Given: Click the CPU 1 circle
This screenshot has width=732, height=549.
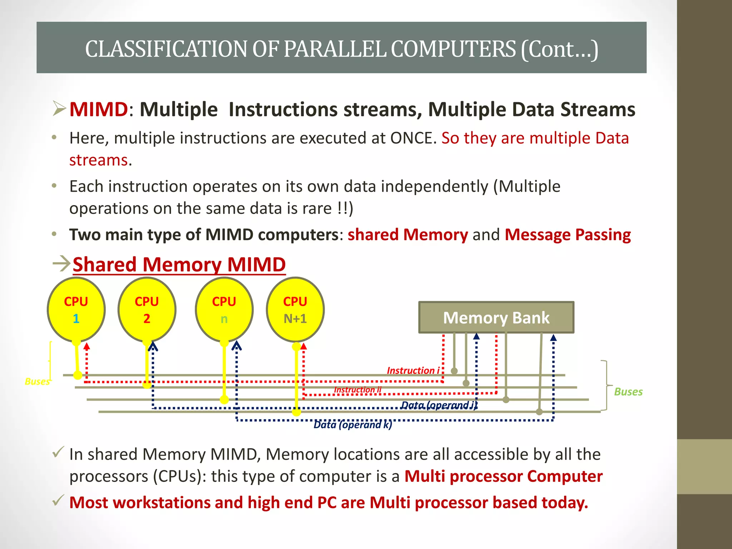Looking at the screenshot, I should pos(76,310).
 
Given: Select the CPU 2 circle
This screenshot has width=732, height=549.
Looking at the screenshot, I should pos(147,310).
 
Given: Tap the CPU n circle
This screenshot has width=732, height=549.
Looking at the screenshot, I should pos(224,310).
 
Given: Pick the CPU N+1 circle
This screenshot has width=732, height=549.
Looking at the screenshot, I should pos(295,310).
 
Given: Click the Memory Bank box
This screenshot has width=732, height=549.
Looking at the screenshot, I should pos(496,317).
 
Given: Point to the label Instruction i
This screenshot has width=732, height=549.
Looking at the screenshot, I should pos(413,370).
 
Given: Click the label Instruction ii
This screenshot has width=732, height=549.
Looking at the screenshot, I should pos(357,390).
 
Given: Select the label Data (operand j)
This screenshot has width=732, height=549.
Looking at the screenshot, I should pos(439,405).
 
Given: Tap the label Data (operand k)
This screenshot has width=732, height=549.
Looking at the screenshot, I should pos(353,425).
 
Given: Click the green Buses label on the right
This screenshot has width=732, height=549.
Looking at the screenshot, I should pos(628,392).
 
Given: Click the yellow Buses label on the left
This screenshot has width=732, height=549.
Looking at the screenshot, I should pos(37,381).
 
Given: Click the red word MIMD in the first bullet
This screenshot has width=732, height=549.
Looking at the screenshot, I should pos(98,109).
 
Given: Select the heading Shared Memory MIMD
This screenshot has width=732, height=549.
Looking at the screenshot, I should pos(179,264).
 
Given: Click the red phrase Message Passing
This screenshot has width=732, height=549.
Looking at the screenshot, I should pos(568,235).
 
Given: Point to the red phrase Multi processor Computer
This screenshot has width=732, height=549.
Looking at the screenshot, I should pos(503,476).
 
